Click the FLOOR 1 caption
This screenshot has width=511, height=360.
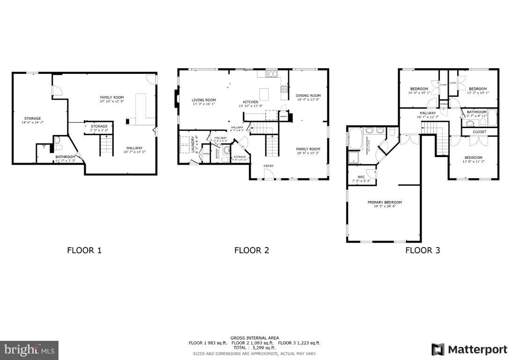[x=84, y=250]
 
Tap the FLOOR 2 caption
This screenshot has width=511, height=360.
[x=252, y=250]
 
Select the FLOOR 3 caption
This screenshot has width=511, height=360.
[x=423, y=250]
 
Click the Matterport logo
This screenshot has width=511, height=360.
[x=469, y=349]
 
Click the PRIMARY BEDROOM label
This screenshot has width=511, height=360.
[x=385, y=202]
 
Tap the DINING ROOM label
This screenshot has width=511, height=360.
[x=308, y=95]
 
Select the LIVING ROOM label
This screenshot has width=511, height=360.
[x=204, y=100]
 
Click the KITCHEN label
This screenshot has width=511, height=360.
[x=250, y=102]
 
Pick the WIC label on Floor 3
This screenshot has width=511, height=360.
[x=361, y=177]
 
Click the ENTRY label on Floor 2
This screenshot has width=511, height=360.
[x=269, y=166]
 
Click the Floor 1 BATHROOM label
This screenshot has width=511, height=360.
[x=65, y=157]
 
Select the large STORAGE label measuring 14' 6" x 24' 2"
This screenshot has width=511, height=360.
[x=33, y=118]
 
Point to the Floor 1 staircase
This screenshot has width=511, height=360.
[x=107, y=145]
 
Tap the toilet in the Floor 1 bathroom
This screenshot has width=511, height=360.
[x=57, y=140]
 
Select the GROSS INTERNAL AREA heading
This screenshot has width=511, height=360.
[x=255, y=338]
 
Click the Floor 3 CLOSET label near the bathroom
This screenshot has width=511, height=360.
[x=480, y=132]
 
